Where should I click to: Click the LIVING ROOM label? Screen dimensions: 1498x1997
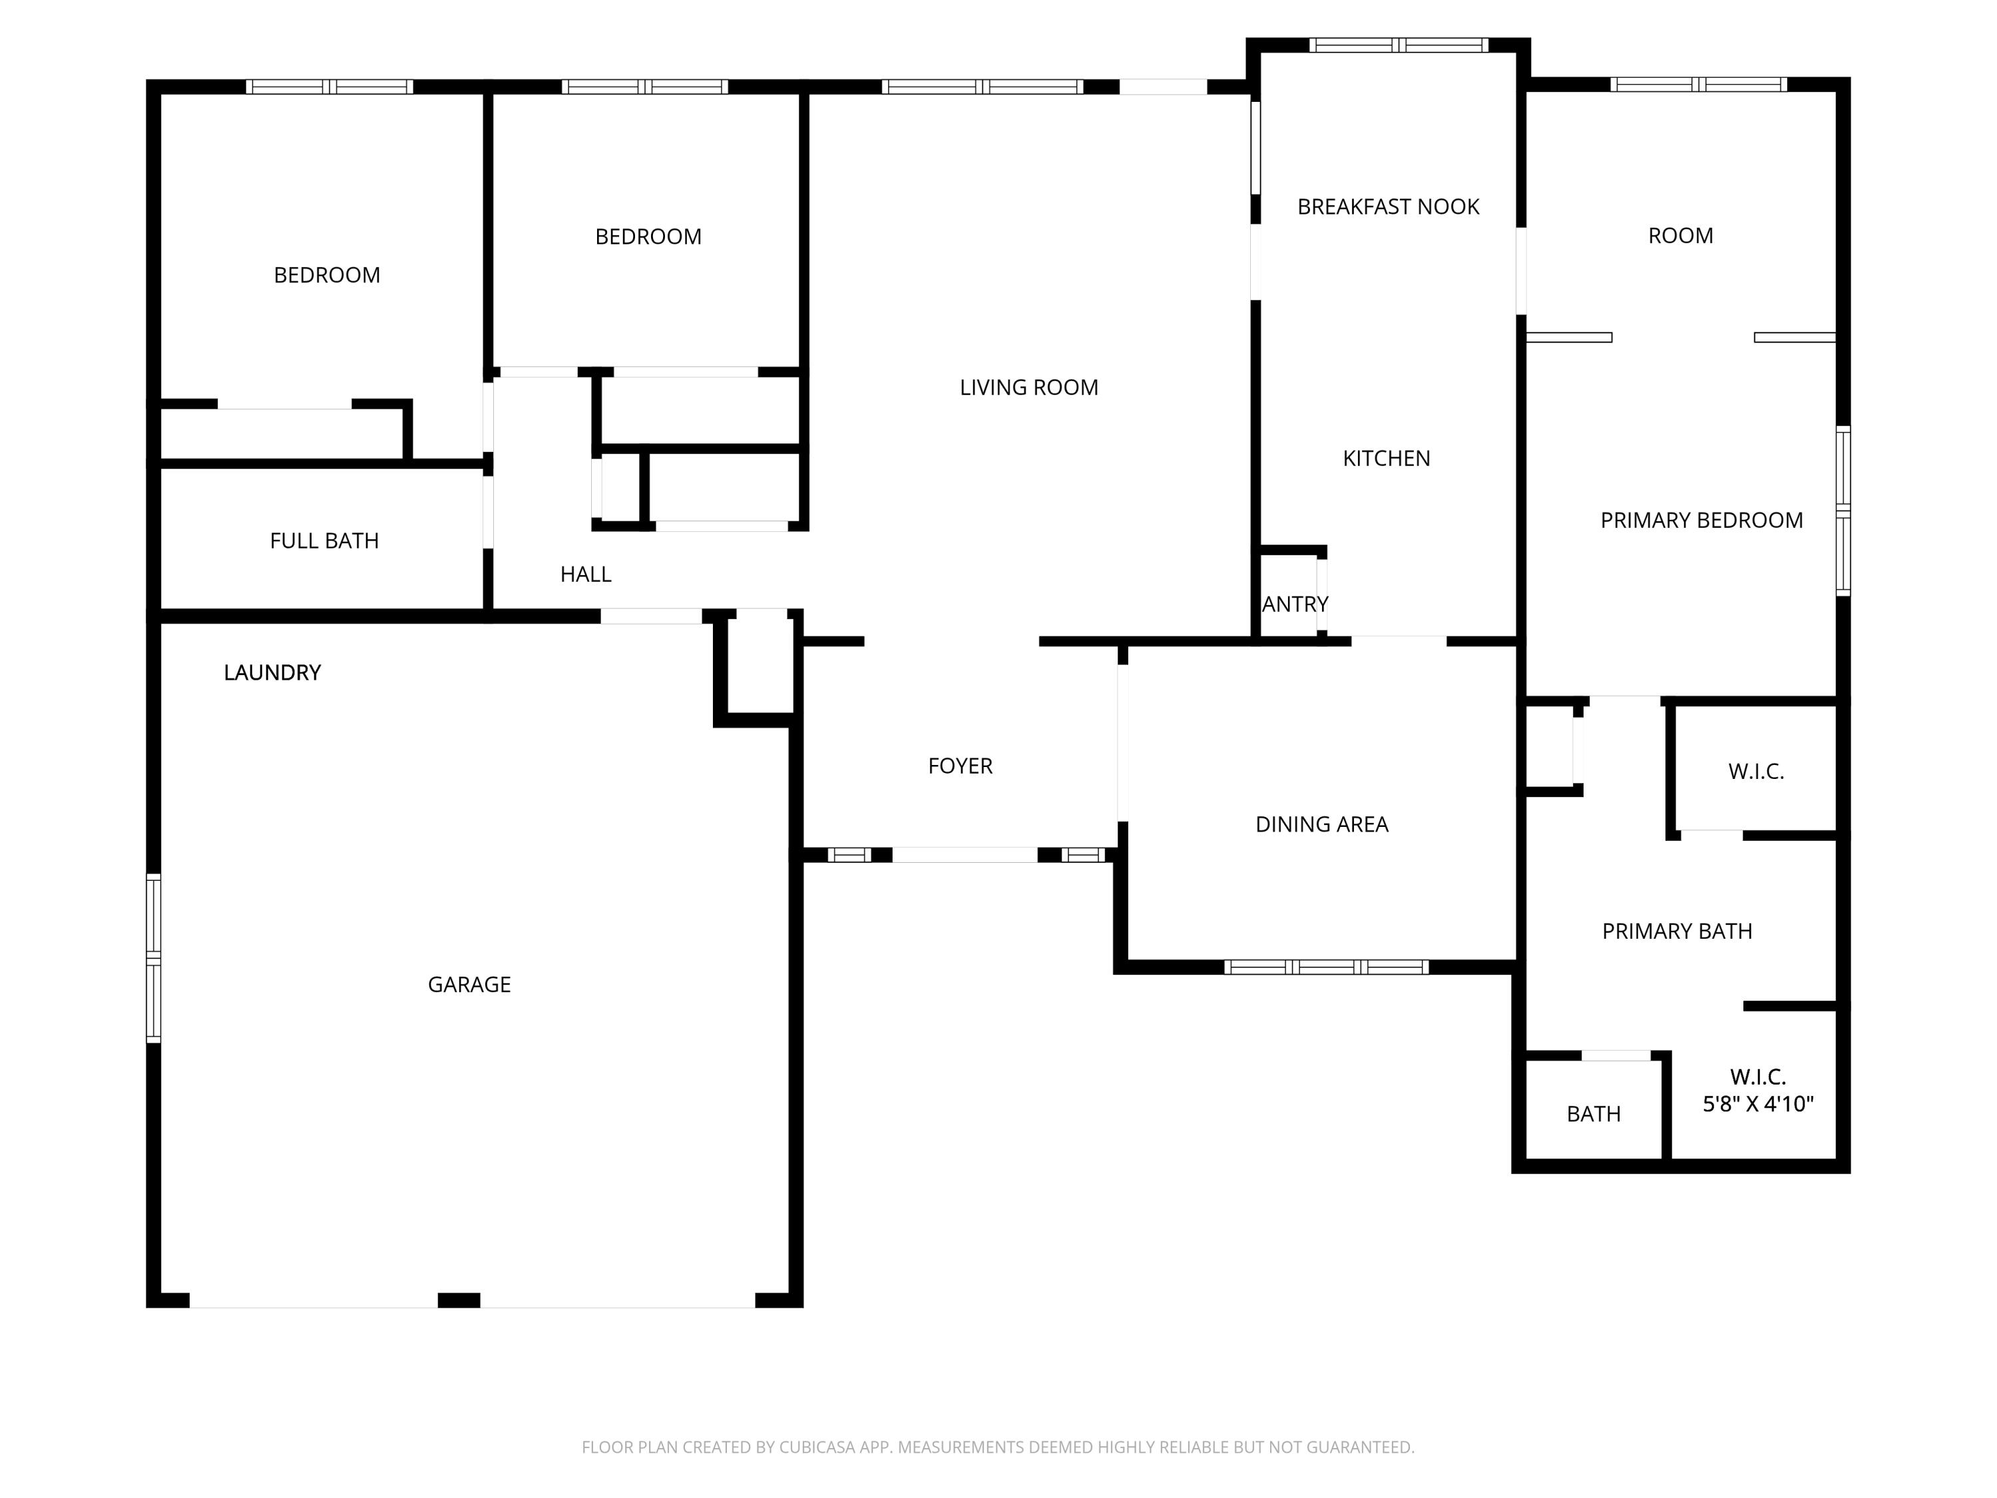(1028, 387)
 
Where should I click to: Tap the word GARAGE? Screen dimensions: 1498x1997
(469, 984)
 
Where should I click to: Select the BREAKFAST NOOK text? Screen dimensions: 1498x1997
(1388, 207)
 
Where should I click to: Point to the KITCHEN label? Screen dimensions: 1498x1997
(1386, 459)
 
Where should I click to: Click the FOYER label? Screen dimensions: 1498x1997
(960, 766)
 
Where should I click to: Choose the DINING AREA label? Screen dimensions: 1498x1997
(1322, 824)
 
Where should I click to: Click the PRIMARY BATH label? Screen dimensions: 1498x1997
(1677, 931)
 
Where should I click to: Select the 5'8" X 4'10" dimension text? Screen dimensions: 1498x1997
(1758, 1103)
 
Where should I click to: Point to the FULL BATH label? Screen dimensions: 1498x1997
(324, 541)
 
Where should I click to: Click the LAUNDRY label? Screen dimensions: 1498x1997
(272, 672)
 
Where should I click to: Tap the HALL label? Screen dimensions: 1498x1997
(585, 575)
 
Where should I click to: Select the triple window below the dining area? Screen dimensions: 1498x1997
(1325, 967)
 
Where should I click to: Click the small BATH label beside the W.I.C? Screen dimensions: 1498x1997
(1594, 1115)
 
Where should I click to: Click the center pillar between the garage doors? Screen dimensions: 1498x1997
(459, 1300)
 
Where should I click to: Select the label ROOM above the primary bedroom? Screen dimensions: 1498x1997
(1680, 236)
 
